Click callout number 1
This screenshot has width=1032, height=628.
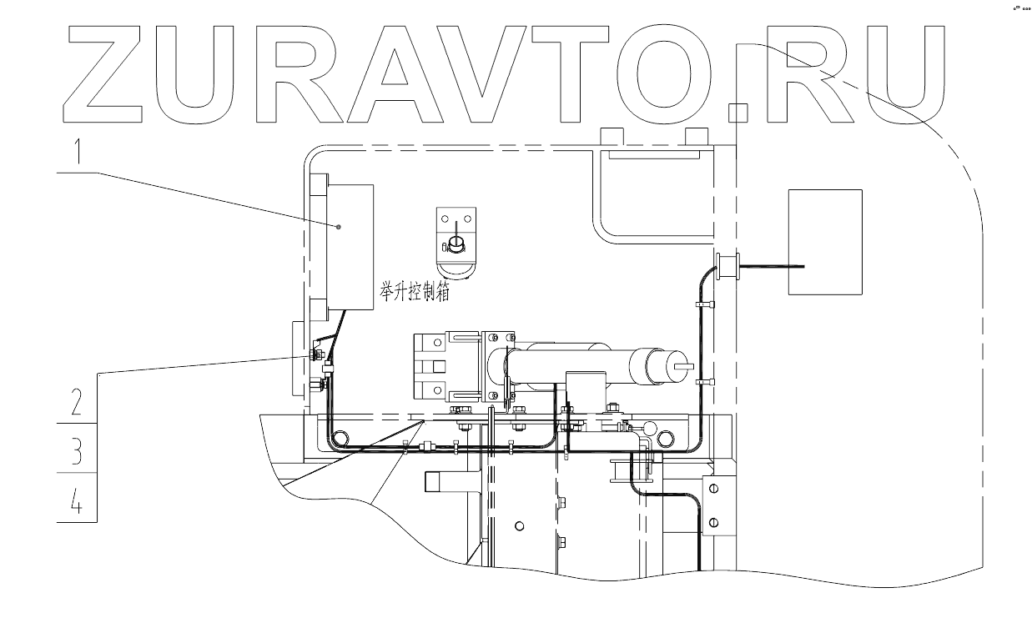[x=77, y=152]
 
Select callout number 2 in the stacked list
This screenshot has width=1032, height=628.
[x=77, y=404]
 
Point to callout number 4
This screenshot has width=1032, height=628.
[x=77, y=500]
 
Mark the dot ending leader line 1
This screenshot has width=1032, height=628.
[x=339, y=226]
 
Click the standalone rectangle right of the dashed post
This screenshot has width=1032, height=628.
[x=825, y=242]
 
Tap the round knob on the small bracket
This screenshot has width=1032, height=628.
[x=456, y=243]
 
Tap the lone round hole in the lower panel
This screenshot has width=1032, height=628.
[x=520, y=525]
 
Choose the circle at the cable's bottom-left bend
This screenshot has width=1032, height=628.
[x=339, y=438]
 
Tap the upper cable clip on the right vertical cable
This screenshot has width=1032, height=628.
[x=703, y=305]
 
